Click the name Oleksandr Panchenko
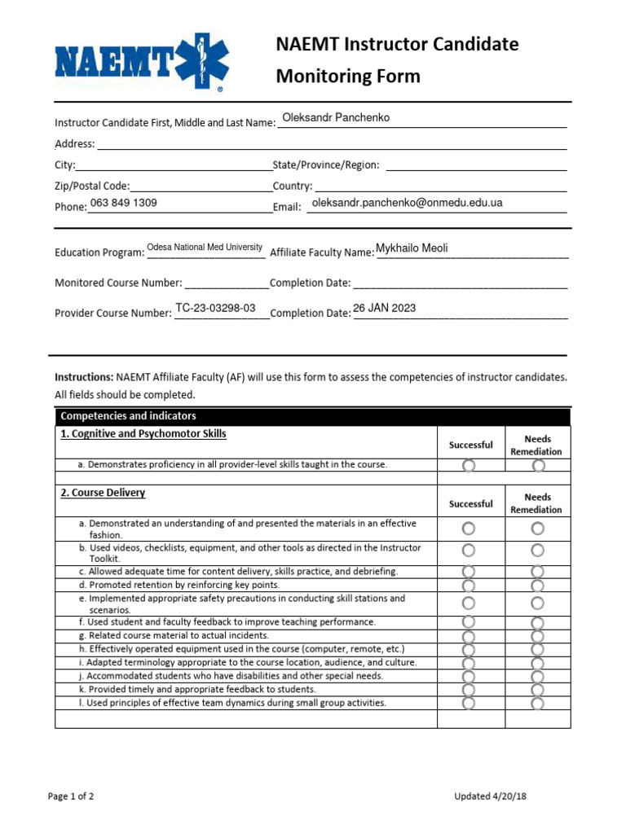tap(336, 117)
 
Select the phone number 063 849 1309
tap(124, 203)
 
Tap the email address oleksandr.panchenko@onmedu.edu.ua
tap(408, 203)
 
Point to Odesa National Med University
tap(205, 247)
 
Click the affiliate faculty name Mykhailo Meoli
tap(412, 248)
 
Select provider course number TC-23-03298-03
tap(216, 308)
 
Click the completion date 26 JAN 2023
tap(384, 308)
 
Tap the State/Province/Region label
tap(326, 165)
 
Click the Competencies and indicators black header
tap(128, 416)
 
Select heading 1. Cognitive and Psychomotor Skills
tap(143, 434)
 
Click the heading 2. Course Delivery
tap(103, 493)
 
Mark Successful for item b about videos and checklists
tap(469, 551)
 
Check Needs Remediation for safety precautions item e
tap(537, 604)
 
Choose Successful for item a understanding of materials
tap(469, 529)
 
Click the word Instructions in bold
tap(84, 377)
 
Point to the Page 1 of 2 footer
tap(71, 797)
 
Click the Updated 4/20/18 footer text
tap(491, 797)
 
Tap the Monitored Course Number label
tap(118, 283)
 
